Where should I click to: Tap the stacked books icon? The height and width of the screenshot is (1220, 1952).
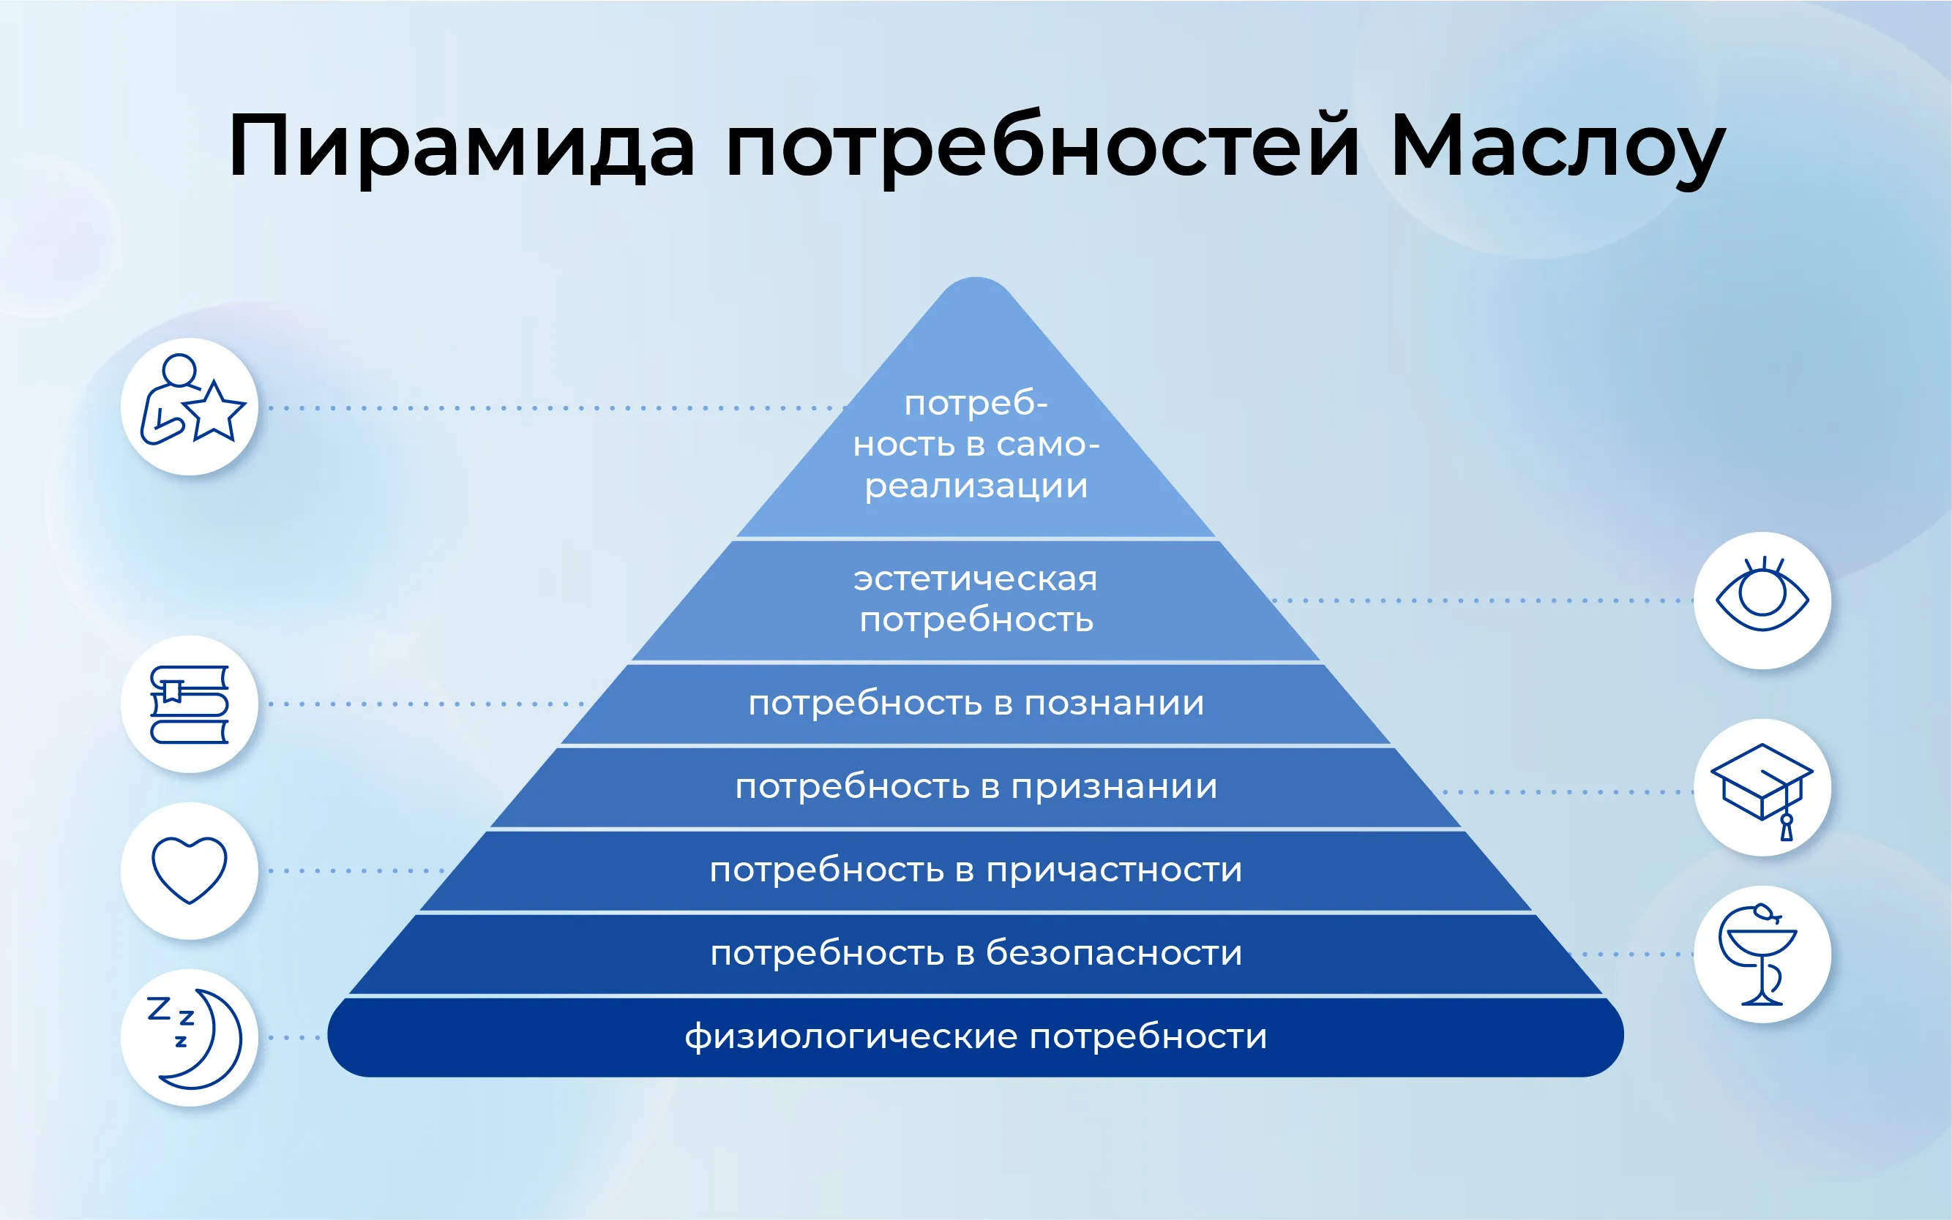coord(190,704)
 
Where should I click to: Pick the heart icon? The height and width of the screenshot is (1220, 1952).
coord(190,870)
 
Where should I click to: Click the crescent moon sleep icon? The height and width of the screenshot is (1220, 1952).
coord(194,1039)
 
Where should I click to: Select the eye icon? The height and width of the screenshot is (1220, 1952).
coord(1762,595)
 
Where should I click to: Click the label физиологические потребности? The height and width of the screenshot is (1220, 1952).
coord(976,1038)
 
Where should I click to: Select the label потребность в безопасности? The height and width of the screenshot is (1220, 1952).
coord(976,953)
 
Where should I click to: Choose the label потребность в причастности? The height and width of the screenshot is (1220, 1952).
coord(976,870)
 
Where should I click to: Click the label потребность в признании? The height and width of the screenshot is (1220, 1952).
coord(976,787)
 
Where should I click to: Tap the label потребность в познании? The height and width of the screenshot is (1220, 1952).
coord(976,704)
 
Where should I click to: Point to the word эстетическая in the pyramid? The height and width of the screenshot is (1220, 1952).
coord(976,579)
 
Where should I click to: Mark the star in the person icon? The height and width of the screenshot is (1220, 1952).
coord(214,412)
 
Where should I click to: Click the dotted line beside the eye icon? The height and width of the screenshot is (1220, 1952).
coord(1482,600)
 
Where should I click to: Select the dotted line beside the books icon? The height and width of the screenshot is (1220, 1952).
coord(426,704)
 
